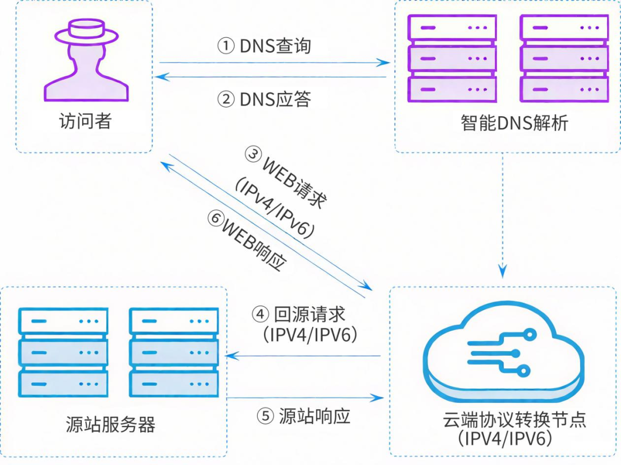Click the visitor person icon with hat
(86, 63)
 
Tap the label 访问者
(85, 122)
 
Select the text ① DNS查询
(264, 46)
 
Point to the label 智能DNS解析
(514, 123)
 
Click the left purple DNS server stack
(451, 59)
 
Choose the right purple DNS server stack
(563, 59)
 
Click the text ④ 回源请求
(299, 314)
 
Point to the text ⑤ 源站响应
(305, 416)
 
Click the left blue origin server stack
(63, 352)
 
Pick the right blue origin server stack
(174, 352)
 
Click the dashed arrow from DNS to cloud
(504, 213)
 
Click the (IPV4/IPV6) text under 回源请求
(310, 335)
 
